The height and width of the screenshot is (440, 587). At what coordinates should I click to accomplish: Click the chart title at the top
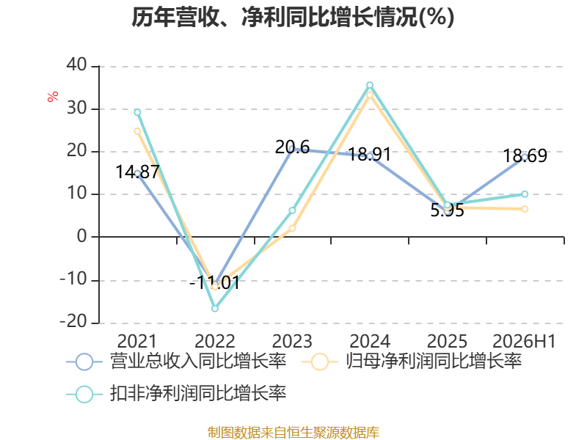[293, 17]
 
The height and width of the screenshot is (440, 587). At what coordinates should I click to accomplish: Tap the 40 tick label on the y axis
[77, 65]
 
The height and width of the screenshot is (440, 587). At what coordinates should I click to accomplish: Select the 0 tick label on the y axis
[82, 236]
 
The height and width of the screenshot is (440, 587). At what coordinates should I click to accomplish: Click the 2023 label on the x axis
[292, 341]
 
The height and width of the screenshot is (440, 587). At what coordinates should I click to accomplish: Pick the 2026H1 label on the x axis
[524, 341]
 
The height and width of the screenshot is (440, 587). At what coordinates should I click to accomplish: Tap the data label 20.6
[292, 147]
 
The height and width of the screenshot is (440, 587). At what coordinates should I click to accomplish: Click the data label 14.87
[137, 172]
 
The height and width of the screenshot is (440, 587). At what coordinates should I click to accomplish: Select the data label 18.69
[525, 155]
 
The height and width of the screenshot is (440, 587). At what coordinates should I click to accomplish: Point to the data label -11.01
[214, 282]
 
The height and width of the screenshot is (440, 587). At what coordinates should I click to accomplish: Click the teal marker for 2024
[370, 85]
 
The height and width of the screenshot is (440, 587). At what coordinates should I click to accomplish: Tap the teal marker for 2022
[215, 308]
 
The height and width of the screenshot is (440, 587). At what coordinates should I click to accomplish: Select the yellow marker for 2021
[137, 131]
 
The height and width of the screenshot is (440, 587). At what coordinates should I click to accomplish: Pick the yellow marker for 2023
[292, 228]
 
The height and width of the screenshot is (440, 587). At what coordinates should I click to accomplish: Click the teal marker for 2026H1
[525, 194]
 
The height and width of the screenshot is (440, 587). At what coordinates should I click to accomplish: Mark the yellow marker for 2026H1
[525, 209]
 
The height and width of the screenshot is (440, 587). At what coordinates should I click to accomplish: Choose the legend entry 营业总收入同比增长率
[176, 362]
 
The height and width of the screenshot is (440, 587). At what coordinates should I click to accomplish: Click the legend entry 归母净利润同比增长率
[412, 362]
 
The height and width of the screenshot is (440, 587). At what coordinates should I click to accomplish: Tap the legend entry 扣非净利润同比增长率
[176, 394]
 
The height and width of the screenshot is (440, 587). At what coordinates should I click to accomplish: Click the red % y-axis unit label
[53, 96]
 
